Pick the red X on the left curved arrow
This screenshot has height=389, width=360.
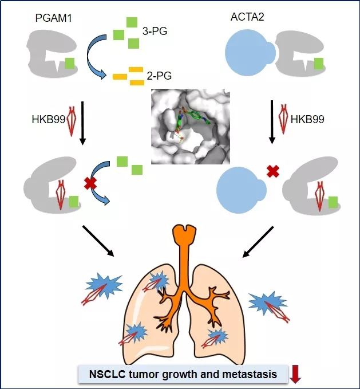click(90, 184)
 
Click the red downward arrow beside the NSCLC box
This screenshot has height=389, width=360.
click(295, 374)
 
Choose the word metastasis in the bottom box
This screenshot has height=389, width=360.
click(250, 375)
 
